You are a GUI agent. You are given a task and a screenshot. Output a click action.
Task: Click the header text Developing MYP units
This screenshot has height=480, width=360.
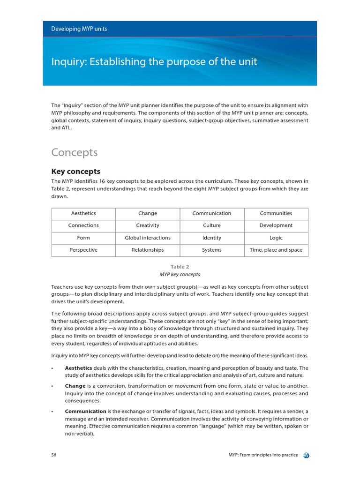79,29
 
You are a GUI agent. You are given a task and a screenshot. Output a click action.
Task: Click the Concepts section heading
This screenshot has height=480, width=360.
74,152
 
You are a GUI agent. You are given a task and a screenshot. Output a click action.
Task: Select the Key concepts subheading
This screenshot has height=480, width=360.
75,172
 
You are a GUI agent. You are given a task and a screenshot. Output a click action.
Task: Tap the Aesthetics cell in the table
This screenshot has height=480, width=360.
83,213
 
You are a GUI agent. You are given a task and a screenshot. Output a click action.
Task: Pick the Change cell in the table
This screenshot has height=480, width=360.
148,213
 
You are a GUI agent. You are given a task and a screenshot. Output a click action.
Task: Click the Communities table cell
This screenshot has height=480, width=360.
276,213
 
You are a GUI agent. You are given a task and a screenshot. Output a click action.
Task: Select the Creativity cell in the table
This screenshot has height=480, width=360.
148,225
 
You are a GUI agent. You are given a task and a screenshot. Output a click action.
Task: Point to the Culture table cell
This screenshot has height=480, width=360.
212,225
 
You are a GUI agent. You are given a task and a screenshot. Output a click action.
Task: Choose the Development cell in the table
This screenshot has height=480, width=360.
276,225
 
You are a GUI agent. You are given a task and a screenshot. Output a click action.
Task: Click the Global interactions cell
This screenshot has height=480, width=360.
148,238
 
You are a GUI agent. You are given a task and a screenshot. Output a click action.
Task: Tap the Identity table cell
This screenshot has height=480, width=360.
212,238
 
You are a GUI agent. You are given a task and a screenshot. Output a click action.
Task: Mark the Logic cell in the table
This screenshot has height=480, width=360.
276,238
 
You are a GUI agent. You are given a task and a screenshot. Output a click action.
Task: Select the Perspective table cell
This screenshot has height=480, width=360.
83,250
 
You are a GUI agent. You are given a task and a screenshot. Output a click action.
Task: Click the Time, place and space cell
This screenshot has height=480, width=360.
276,250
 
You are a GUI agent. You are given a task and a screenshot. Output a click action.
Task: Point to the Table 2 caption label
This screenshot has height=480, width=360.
180,267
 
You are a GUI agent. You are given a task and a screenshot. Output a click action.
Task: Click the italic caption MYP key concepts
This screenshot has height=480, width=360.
180,274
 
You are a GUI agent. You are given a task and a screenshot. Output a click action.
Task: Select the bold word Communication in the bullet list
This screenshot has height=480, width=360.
85,411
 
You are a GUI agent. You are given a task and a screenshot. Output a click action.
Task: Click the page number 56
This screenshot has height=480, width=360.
54,455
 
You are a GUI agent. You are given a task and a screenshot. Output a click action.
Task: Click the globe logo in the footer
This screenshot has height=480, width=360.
306,455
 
